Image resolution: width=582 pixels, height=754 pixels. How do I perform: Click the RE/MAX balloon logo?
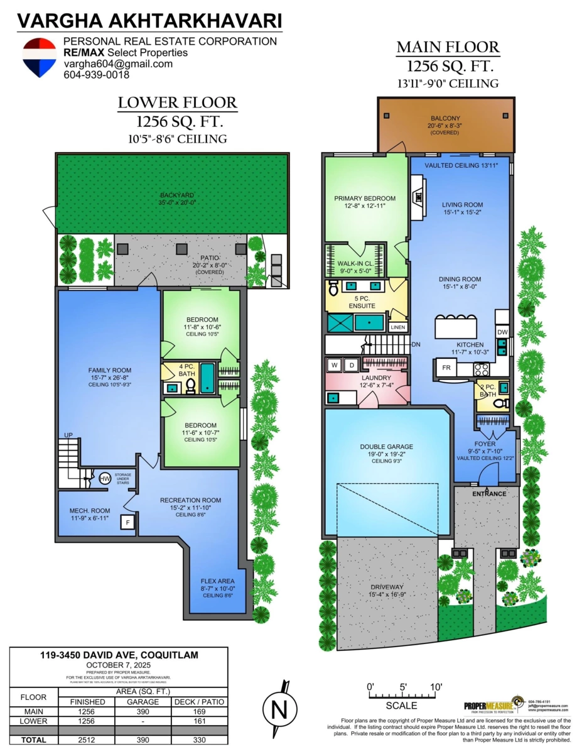(x=40, y=57)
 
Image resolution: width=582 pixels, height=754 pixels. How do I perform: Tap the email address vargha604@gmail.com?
(x=117, y=64)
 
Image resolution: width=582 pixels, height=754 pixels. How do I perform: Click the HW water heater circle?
(x=105, y=479)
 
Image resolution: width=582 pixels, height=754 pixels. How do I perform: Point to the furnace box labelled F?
(x=127, y=522)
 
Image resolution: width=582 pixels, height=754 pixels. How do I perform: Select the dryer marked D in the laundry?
(x=352, y=365)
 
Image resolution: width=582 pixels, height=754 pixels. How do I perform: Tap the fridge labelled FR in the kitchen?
(x=446, y=368)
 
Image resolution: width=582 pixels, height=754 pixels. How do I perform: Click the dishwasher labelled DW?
(x=502, y=332)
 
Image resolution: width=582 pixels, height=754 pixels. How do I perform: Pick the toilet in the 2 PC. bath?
(x=500, y=404)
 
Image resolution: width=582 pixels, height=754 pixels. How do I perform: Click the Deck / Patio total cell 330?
(x=198, y=740)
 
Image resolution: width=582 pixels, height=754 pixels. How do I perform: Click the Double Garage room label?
(x=386, y=447)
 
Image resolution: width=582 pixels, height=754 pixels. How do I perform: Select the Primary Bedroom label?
(x=365, y=199)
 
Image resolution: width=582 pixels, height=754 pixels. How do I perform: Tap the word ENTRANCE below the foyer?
(x=488, y=493)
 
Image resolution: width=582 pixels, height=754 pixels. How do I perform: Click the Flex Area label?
(x=218, y=581)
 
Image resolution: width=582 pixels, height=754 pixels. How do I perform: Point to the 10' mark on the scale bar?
(x=436, y=686)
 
